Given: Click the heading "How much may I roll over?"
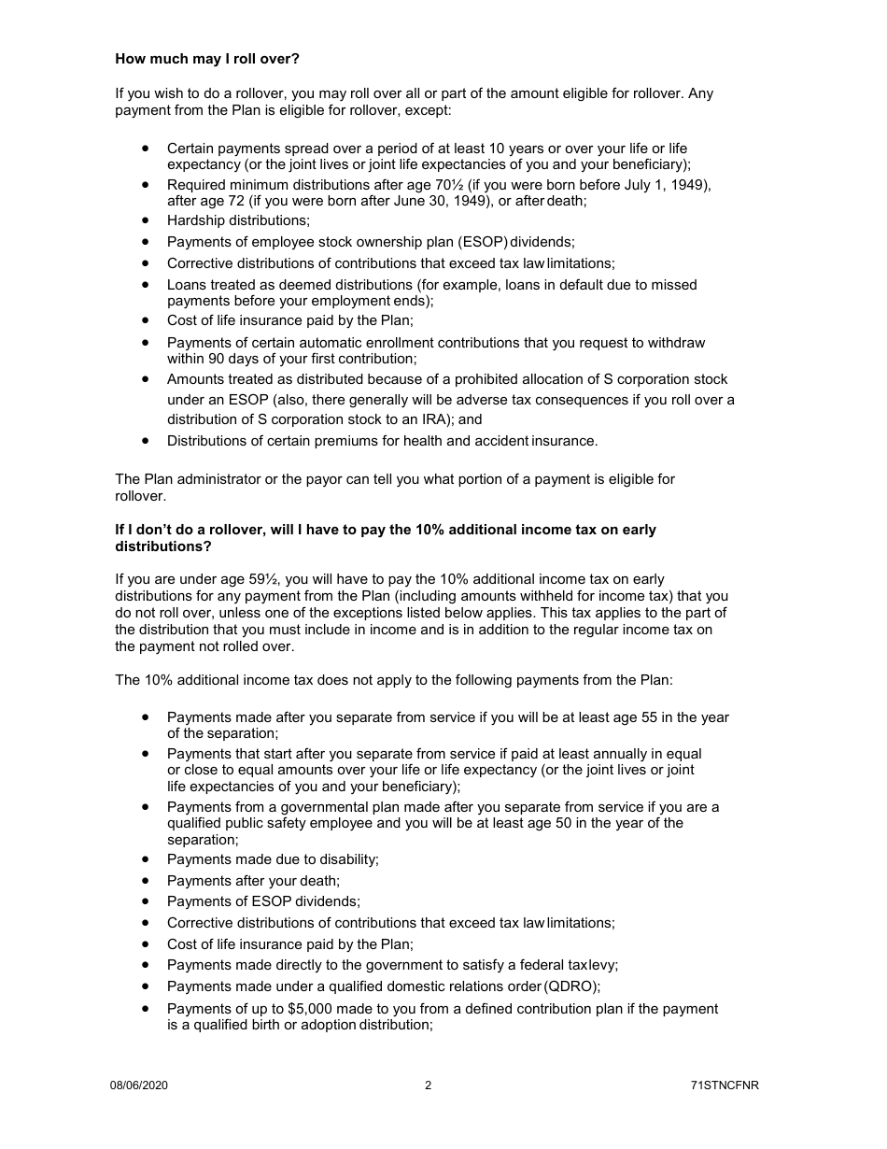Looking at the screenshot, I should click(207, 59).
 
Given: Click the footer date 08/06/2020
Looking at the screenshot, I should click(138, 1085).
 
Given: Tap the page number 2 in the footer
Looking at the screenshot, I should click(428, 1085).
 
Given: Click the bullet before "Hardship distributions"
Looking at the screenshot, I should click(146, 220).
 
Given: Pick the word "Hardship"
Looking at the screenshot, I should click(196, 220).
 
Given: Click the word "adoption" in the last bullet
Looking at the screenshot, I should click(330, 1025).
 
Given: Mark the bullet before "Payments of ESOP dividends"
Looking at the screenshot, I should click(146, 901).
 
